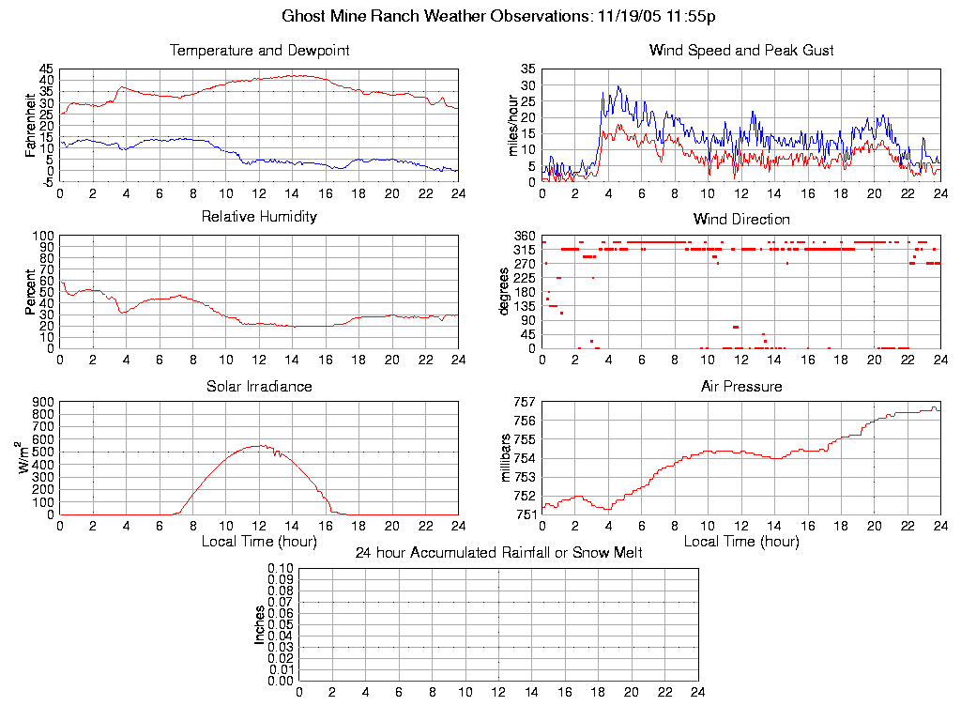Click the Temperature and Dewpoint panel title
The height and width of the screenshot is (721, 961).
coord(259,50)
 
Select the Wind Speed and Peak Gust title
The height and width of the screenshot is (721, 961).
coord(741,50)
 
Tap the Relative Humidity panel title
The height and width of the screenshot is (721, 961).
coord(259,217)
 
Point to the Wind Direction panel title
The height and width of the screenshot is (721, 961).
coord(741,219)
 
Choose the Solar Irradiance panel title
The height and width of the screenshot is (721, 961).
coord(259,386)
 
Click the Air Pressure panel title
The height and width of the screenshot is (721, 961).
coord(741,386)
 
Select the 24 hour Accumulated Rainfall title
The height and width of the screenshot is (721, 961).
coord(498,553)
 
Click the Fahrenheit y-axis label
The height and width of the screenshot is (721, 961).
coord(31,122)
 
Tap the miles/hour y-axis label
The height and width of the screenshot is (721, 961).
coord(512,125)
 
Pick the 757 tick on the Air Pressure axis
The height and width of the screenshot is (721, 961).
coord(524,402)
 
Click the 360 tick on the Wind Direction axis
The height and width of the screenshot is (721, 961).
coord(524,236)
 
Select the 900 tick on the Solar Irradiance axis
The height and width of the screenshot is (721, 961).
coord(42,402)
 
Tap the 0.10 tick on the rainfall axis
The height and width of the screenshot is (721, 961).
coord(281,568)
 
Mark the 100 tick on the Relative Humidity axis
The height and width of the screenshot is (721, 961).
coord(42,236)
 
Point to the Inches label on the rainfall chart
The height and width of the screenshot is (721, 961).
coord(260,624)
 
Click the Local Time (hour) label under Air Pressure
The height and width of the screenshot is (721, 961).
coord(741,541)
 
